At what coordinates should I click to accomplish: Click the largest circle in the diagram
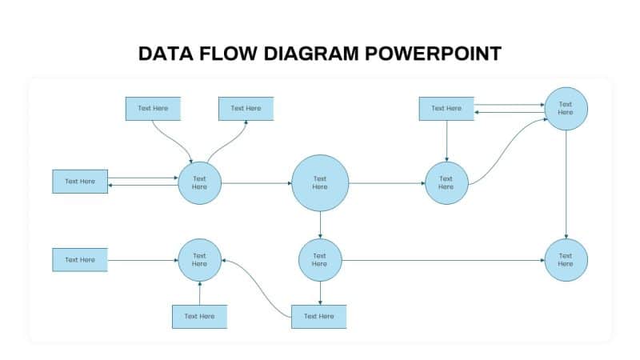[x=320, y=183]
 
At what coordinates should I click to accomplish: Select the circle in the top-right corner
[x=566, y=108]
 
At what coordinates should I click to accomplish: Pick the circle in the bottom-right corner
[x=566, y=260]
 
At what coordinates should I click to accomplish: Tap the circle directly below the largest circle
[x=320, y=260]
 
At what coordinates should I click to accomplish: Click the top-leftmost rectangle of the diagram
[x=153, y=109]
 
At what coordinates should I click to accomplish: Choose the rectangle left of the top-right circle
[x=446, y=109]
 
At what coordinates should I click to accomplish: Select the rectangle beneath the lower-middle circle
[x=319, y=317]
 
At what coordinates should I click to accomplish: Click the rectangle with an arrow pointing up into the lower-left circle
[x=199, y=317]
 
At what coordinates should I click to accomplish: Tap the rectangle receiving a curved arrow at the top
[x=246, y=109]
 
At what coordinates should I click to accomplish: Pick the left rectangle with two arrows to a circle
[x=80, y=182]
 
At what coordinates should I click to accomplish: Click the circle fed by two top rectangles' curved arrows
[x=199, y=183]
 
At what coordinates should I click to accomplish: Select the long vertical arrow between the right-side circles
[x=566, y=184]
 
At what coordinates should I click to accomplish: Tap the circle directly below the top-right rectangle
[x=446, y=183]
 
